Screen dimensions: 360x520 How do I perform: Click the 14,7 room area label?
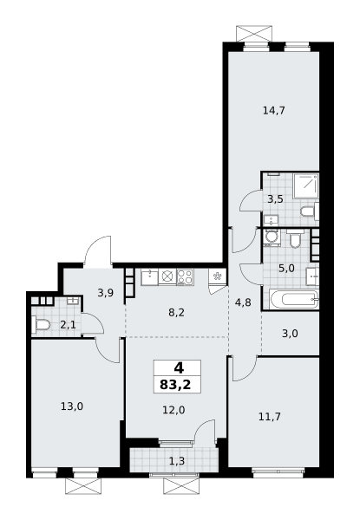274,110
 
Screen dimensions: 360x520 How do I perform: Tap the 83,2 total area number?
175,385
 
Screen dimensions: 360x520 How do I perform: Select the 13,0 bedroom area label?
72,406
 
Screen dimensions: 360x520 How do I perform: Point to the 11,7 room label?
270,416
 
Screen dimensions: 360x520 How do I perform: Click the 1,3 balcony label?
177,461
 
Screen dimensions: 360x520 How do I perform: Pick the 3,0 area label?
290,334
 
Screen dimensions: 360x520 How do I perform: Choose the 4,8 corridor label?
243,302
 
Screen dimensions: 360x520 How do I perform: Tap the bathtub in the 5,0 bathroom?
294,300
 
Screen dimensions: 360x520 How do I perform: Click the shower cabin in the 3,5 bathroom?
305,185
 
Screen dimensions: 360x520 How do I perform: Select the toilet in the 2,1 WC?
41,325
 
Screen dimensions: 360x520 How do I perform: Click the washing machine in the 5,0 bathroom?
272,237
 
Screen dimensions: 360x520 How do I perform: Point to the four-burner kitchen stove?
185,277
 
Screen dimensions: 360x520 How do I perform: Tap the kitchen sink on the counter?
150,277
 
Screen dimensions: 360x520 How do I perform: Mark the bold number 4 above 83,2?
179,367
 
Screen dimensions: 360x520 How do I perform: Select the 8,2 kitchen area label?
176,312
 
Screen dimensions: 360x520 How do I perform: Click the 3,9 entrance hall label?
106,293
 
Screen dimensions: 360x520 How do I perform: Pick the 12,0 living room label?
173,410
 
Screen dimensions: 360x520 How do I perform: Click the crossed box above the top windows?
254,34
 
